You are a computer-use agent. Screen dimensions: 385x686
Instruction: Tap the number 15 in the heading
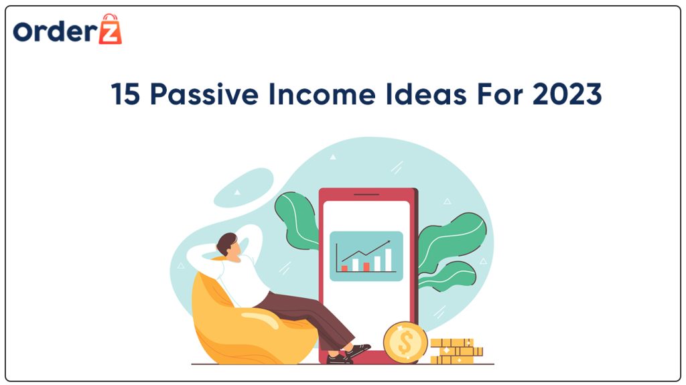tap(126, 95)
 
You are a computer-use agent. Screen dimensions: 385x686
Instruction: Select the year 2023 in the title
tap(567, 95)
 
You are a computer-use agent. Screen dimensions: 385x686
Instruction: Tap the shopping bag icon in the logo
tap(110, 29)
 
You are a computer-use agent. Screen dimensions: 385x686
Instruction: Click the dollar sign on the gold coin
tap(405, 341)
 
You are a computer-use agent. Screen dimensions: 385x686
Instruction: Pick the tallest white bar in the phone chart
tap(388, 257)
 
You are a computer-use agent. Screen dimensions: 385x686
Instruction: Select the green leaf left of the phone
tap(297, 218)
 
